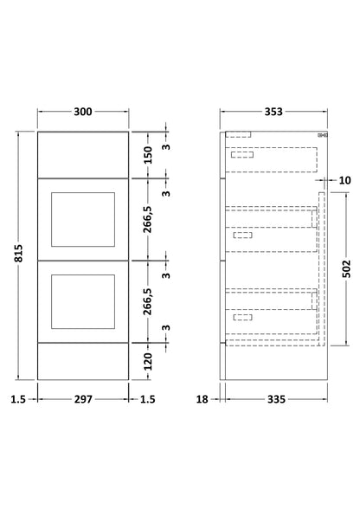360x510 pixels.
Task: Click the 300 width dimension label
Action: [83, 112]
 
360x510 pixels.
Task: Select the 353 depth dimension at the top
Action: [273, 112]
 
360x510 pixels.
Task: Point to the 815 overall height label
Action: [18, 254]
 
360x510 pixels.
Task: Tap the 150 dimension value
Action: [148, 155]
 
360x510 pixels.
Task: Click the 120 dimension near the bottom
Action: [148, 361]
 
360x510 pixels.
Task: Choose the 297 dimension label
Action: [83, 399]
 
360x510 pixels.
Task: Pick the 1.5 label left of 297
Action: [18, 399]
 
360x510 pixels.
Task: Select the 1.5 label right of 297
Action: [148, 399]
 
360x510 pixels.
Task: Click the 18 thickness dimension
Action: [202, 399]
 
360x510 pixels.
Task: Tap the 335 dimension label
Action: [276, 399]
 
